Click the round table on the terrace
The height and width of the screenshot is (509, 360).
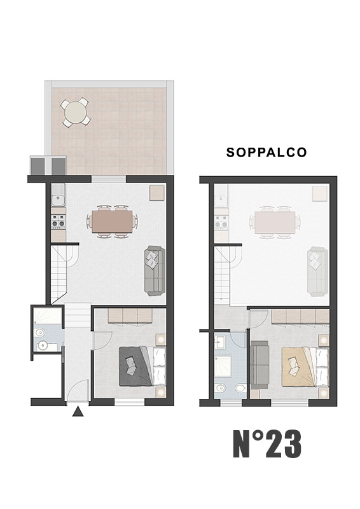tap(76, 113)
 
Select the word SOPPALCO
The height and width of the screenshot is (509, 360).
tap(267, 152)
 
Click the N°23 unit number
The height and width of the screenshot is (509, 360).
tap(267, 444)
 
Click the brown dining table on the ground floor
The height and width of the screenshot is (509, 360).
tap(112, 222)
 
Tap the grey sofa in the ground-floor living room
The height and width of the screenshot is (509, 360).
tap(155, 271)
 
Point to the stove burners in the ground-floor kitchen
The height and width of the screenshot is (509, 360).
tap(58, 223)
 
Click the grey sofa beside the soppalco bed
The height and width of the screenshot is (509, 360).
tap(260, 365)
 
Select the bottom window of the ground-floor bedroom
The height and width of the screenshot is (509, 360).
tap(130, 402)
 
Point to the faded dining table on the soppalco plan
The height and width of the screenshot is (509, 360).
tap(275, 222)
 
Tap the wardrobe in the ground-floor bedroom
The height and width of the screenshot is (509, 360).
tap(130, 316)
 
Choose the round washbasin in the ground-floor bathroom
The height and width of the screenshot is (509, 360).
tap(43, 346)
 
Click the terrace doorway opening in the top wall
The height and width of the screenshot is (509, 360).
tap(109, 179)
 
